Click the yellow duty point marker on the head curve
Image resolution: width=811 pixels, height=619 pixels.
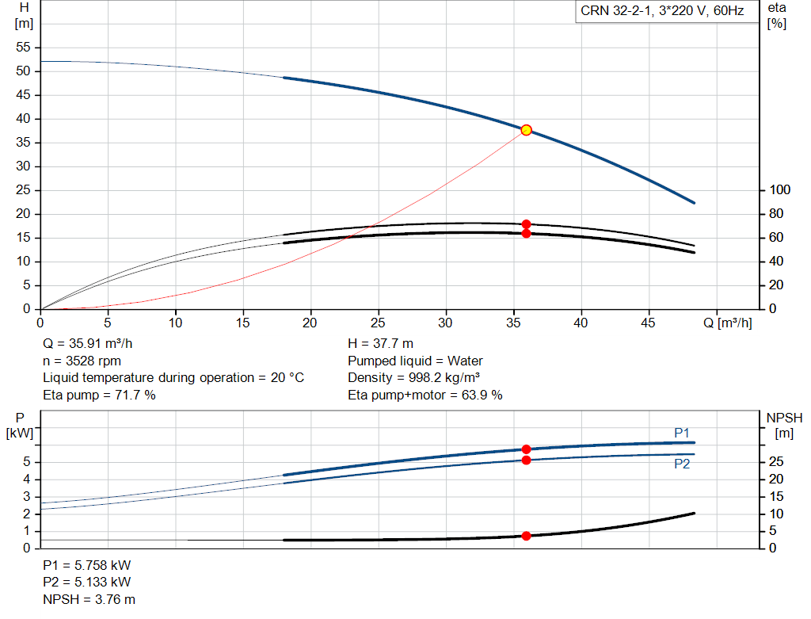[x=526, y=130]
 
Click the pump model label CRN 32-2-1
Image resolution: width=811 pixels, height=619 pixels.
[x=615, y=11]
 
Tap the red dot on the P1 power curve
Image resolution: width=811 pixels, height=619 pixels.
[x=526, y=449]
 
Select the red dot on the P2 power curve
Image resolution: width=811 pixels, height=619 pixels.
[x=526, y=460]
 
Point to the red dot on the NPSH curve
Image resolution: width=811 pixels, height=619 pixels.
[x=526, y=536]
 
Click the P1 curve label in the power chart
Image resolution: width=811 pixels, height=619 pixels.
[x=682, y=433]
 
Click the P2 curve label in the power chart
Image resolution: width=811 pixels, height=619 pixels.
[x=682, y=464]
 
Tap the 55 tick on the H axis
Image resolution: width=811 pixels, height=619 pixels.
[x=23, y=47]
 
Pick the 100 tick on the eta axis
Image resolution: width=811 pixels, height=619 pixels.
[x=779, y=190]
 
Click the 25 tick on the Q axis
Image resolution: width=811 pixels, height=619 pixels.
[x=378, y=323]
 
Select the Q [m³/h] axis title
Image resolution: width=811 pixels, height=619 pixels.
[x=728, y=323]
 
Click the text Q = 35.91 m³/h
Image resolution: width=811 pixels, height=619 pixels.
[x=87, y=343]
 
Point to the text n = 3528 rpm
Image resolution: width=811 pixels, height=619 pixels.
[x=82, y=361]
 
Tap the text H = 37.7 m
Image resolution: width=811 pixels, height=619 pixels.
[x=380, y=343]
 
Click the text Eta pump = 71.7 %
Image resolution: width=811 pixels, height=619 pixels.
[x=99, y=395]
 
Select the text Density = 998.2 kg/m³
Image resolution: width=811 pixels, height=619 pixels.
[x=413, y=378]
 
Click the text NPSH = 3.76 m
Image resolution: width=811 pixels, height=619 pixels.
[x=89, y=599]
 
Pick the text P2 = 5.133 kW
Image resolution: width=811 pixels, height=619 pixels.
[x=87, y=582]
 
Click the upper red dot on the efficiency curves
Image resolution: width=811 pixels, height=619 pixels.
[x=526, y=224]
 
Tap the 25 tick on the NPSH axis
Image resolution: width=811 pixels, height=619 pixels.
[x=776, y=461]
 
